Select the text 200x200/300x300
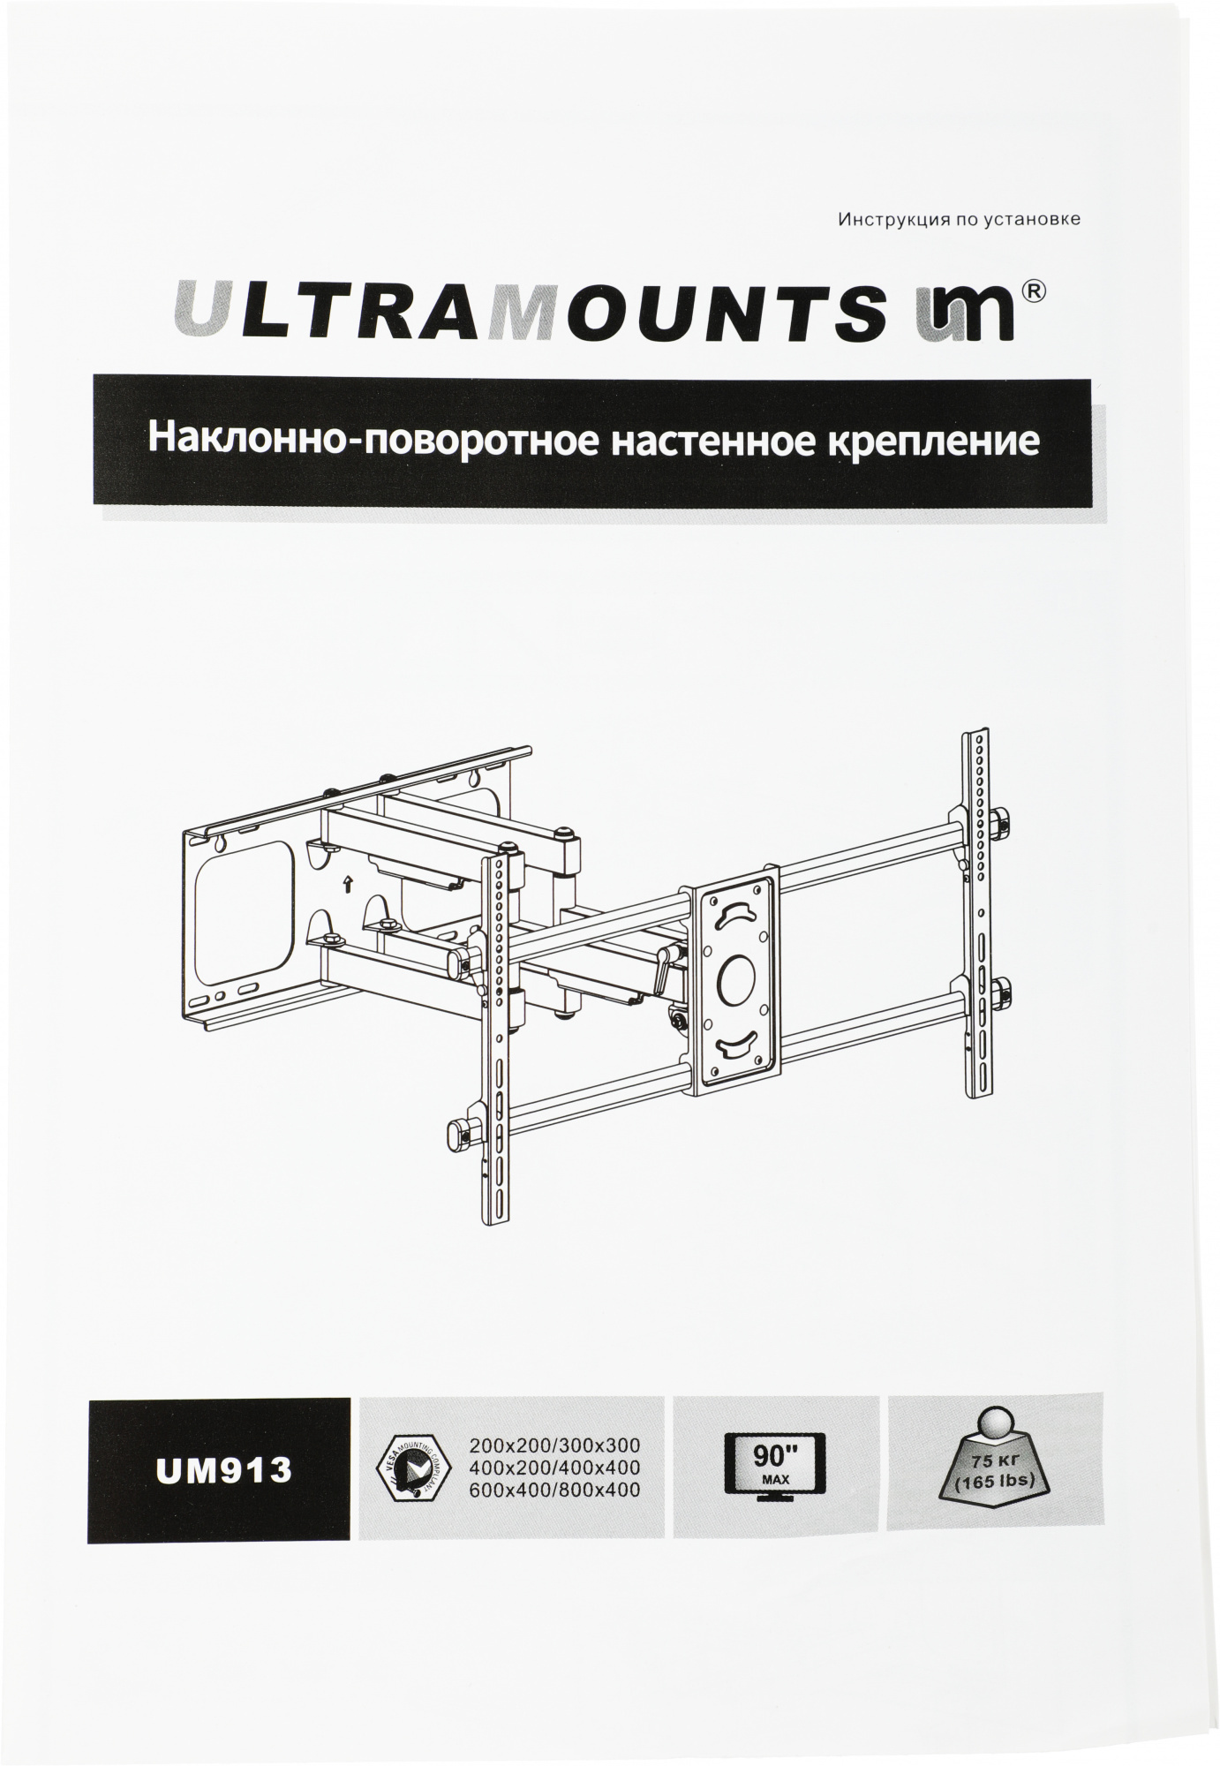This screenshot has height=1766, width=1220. coord(554,1446)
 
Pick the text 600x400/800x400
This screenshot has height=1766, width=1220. coord(554,1491)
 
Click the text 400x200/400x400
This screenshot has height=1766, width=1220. coord(554,1468)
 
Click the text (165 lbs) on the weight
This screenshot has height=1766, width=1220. coord(995,1481)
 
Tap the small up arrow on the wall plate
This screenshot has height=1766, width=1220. coord(348,881)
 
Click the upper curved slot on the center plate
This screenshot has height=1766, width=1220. coord(738,913)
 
